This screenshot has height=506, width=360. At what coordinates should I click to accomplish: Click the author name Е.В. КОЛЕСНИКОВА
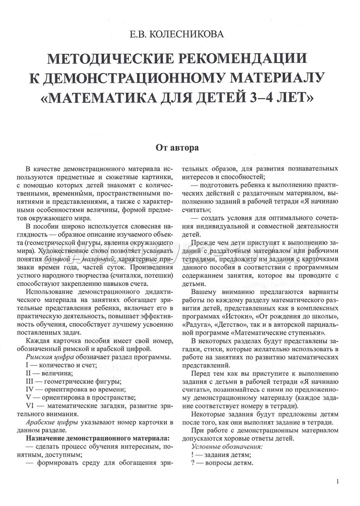coord(180,36)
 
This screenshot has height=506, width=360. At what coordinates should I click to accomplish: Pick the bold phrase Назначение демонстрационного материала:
coord(98,439)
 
